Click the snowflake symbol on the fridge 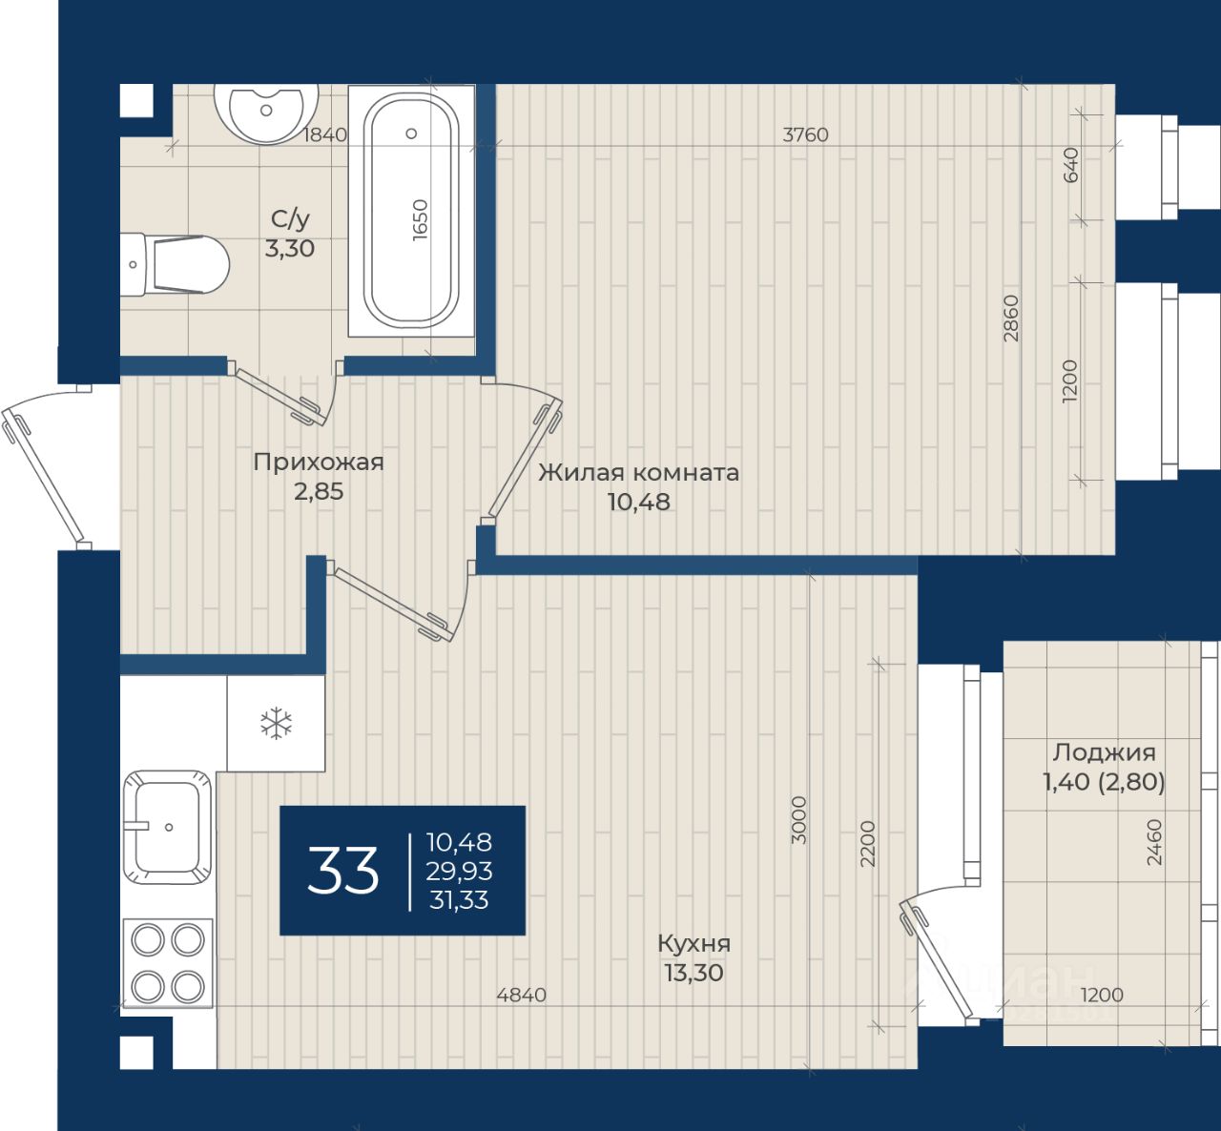pos(276,723)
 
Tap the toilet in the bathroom pos(175,265)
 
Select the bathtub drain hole pos(411,134)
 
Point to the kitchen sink pos(168,827)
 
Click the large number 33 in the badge pos(343,870)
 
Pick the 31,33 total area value pos(459,900)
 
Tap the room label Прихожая pos(319,463)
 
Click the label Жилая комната pos(639,473)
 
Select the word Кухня pos(694,943)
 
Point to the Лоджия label pos(1105,752)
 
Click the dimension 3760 pos(805,134)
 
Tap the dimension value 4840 pos(522,995)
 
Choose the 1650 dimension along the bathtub pos(420,219)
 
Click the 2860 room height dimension pos(1011,319)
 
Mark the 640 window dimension pos(1070,165)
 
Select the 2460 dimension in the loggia pos(1155,842)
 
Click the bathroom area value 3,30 pos(290,248)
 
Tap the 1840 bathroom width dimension pos(325,134)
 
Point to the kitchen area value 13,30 pos(693,973)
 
